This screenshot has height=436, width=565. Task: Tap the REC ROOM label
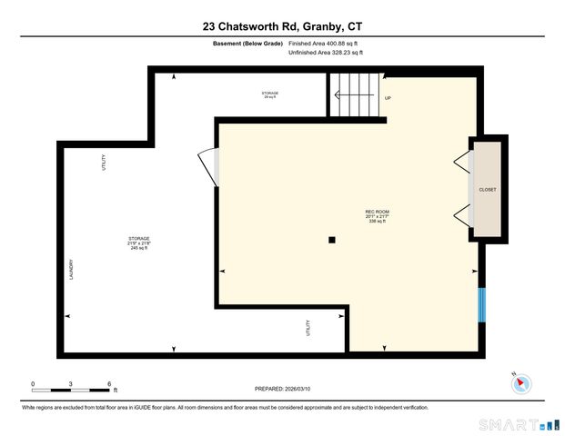(376, 216)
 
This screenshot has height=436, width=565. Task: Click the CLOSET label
(488, 190)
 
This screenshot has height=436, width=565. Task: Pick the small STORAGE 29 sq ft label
(270, 94)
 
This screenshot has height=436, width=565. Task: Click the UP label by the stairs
(388, 98)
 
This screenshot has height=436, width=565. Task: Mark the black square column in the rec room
(332, 240)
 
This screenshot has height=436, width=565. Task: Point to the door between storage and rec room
(210, 164)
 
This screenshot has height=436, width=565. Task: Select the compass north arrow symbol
(520, 383)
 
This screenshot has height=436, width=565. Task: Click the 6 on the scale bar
(109, 383)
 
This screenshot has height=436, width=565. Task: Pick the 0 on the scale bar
(33, 383)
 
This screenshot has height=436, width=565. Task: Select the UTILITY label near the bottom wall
(308, 326)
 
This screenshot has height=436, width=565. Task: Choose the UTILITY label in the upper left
(104, 163)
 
